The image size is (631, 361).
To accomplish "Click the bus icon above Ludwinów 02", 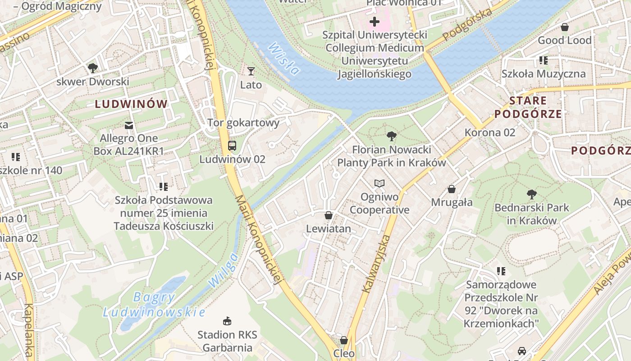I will tap(232, 145).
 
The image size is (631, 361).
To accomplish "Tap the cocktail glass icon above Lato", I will tap(251, 71).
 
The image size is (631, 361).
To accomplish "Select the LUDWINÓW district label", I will tap(131, 104).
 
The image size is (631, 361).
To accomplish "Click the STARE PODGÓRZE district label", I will tap(528, 107).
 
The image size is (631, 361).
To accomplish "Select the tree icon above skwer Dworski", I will tap(93, 68).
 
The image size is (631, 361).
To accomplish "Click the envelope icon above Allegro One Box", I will tap(129, 125).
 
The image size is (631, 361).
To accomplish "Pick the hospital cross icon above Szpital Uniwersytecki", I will tap(374, 21).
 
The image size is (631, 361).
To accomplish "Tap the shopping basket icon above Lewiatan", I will tap(329, 215).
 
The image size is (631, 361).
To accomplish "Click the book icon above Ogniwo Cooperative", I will tap(380, 183).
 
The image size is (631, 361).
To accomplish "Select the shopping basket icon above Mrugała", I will tap(452, 189).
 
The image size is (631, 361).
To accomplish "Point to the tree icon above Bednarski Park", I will tap(532, 194).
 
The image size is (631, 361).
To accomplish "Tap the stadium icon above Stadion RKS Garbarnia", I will tap(227, 321).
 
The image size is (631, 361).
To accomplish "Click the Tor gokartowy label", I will tap(243, 123).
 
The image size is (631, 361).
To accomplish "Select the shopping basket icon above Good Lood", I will tap(564, 27).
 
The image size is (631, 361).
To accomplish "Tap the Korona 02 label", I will tap(489, 133).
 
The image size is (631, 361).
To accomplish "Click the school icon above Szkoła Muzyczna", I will tap(544, 60).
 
